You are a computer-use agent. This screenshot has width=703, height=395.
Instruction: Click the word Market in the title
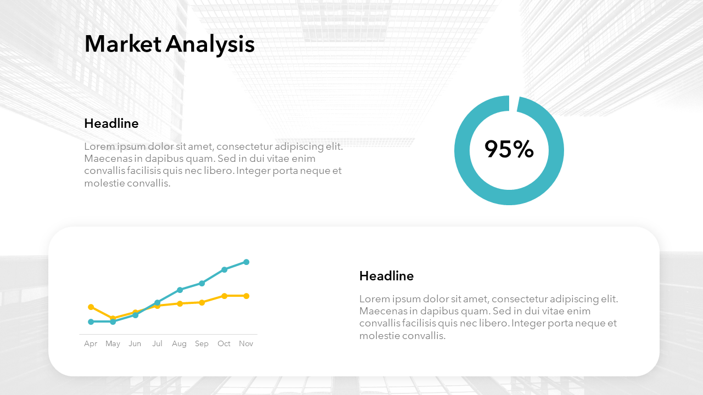click(x=123, y=44)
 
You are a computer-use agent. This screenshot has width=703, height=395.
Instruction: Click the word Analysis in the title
click(x=210, y=46)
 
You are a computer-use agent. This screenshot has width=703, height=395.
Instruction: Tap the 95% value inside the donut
click(x=509, y=149)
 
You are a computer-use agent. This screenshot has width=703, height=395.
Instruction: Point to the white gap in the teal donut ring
click(x=513, y=104)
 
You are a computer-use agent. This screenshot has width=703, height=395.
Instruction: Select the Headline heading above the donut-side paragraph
click(x=111, y=123)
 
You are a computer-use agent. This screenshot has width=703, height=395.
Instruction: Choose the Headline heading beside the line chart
click(x=386, y=276)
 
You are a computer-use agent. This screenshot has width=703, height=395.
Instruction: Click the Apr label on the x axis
click(x=91, y=344)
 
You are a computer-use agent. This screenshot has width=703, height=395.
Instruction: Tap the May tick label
click(x=113, y=344)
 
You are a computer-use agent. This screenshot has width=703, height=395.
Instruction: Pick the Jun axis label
click(x=135, y=343)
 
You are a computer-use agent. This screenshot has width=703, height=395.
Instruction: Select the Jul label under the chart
click(x=157, y=343)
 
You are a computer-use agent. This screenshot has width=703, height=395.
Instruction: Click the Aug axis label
click(x=179, y=344)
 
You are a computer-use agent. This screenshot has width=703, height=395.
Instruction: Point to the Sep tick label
click(x=202, y=344)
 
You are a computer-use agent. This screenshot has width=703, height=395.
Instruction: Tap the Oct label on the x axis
click(x=224, y=343)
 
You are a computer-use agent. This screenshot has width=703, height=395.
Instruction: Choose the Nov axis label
click(x=246, y=343)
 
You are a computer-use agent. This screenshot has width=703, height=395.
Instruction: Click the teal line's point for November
click(x=247, y=262)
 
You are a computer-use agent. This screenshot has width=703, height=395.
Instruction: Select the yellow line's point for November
click(x=247, y=296)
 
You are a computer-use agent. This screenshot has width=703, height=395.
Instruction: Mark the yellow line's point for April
click(x=91, y=307)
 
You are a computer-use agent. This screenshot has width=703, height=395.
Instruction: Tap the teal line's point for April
click(x=91, y=321)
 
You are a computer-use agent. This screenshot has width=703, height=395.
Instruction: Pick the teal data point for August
click(x=180, y=290)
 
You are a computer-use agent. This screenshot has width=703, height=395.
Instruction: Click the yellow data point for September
click(x=202, y=302)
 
